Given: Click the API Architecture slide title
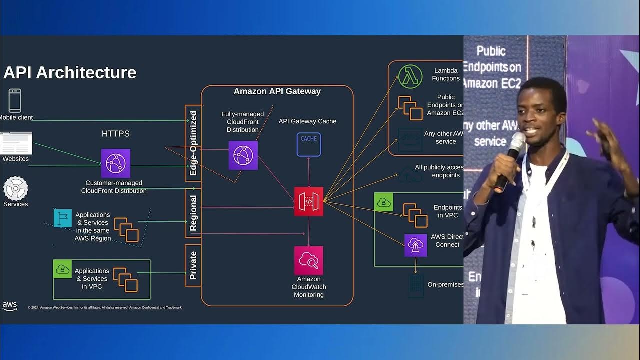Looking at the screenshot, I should (70, 73).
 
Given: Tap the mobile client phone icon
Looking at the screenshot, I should (15, 101).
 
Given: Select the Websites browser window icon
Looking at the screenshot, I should (16, 143).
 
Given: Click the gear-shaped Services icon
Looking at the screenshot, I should (16, 188).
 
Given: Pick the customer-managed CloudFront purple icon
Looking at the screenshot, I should (116, 163).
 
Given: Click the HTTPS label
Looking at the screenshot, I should (116, 134).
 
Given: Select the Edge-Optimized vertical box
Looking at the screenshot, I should (193, 143).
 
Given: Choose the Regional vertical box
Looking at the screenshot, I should (193, 213).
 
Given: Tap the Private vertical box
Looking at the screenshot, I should (193, 265).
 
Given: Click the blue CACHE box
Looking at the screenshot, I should (309, 144).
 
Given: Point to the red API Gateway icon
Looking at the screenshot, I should (309, 201).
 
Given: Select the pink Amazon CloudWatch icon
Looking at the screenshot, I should (309, 260).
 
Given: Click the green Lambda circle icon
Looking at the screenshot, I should (410, 77).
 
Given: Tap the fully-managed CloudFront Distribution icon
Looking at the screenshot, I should (243, 155).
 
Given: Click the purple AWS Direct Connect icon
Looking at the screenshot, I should (415, 245).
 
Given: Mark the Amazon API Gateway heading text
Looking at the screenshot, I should (277, 91).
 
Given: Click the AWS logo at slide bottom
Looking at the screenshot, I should (10, 306).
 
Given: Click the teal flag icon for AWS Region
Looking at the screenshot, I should (63, 218).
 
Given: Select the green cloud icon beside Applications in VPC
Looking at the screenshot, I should (63, 269).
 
